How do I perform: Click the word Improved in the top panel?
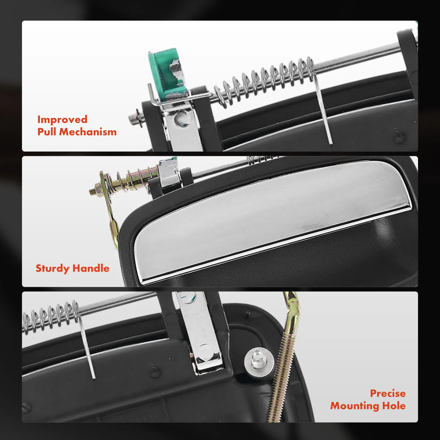[62, 120]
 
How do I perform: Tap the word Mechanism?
[88, 132]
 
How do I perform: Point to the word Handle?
[91, 268]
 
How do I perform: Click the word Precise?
[388, 393]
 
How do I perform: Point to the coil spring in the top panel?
[264, 81]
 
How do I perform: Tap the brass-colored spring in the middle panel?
[131, 179]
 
